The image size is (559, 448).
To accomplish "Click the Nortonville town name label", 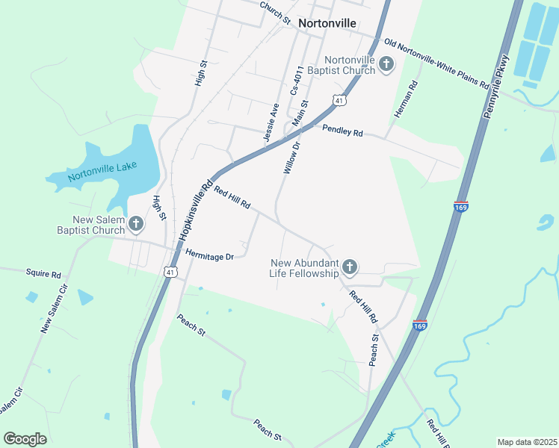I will pyautogui.click(x=326, y=23).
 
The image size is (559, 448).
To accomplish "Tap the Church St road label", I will pyautogui.click(x=274, y=12).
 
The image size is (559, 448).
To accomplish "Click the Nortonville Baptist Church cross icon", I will pyautogui.click(x=386, y=64).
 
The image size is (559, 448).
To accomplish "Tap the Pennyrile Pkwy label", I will pyautogui.click(x=497, y=84).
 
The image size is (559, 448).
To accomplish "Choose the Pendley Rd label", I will pyautogui.click(x=342, y=131).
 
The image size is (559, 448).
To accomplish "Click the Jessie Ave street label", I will pyautogui.click(x=271, y=122).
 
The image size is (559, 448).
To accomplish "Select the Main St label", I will pyautogui.click(x=303, y=114).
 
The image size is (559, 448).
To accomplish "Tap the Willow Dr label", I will pyautogui.click(x=291, y=158).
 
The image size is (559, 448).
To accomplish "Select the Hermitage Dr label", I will pyautogui.click(x=210, y=255).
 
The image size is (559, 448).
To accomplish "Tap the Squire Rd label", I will pyautogui.click(x=43, y=274).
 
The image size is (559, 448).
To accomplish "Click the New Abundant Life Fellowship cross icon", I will pyautogui.click(x=349, y=267).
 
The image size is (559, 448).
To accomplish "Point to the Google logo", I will pyautogui.click(x=25, y=439).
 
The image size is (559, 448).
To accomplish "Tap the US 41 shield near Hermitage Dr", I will pyautogui.click(x=172, y=273).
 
